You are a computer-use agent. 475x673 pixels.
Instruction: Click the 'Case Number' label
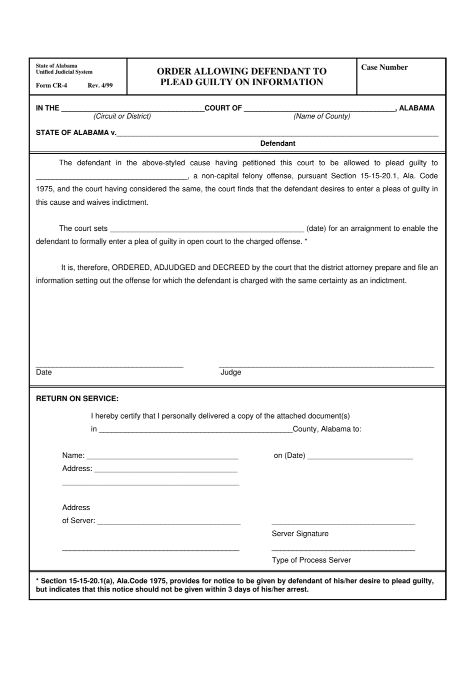[x=384, y=68]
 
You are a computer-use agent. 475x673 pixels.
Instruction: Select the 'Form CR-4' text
[x=51, y=85]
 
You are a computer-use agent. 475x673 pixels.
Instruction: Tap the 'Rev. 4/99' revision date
[x=100, y=85]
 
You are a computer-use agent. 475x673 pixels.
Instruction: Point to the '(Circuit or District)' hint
[x=122, y=116]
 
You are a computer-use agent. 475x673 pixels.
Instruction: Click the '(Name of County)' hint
[x=321, y=116]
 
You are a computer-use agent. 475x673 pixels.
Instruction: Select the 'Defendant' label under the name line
[x=277, y=143]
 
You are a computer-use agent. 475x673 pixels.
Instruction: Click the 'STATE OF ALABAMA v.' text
[x=75, y=133]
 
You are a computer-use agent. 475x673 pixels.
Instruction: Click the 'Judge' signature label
[x=230, y=372]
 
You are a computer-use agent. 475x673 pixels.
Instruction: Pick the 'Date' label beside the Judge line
[x=44, y=372]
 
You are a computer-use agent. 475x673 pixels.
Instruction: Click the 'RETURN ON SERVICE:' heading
[x=77, y=399]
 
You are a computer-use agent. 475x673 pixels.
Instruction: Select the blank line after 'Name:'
[x=162, y=456]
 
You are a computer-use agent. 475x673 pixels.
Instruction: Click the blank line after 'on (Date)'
[x=360, y=456]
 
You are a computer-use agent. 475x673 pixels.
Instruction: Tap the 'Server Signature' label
[x=300, y=534]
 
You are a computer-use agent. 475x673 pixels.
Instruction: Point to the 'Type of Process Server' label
[x=311, y=560]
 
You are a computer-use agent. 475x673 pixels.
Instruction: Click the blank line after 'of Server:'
[x=169, y=521]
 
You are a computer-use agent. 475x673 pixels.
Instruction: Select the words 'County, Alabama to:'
[x=327, y=429]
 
